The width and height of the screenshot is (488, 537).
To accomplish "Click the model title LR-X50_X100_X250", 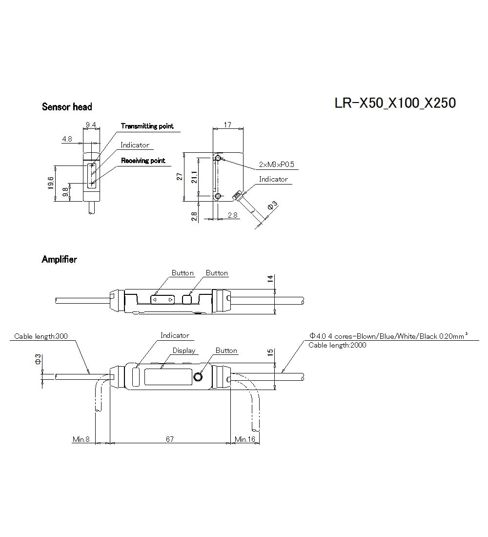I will [395, 103].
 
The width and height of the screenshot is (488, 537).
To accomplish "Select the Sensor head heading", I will [67, 107].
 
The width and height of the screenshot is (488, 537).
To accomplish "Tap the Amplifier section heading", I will [59, 260].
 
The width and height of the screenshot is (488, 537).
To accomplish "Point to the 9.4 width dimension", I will [91, 125].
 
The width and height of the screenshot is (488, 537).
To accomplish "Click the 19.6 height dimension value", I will [51, 183].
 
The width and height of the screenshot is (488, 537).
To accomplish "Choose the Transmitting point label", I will [147, 126].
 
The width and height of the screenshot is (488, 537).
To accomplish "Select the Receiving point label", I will [143, 161].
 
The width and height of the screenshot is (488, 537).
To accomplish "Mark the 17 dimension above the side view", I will [227, 125].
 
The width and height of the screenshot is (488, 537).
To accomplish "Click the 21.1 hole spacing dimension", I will [194, 176].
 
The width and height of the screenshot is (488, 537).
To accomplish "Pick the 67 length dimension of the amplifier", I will [170, 439].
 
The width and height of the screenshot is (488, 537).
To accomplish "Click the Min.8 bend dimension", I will [81, 439].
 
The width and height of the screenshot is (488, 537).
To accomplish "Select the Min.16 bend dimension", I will [245, 439].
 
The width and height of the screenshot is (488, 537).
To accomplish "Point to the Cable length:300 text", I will [41, 336].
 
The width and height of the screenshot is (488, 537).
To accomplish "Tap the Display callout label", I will [184, 351].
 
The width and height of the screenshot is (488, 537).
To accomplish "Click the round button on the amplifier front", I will [198, 377].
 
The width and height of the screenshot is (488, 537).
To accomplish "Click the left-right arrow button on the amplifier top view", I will [162, 299].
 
